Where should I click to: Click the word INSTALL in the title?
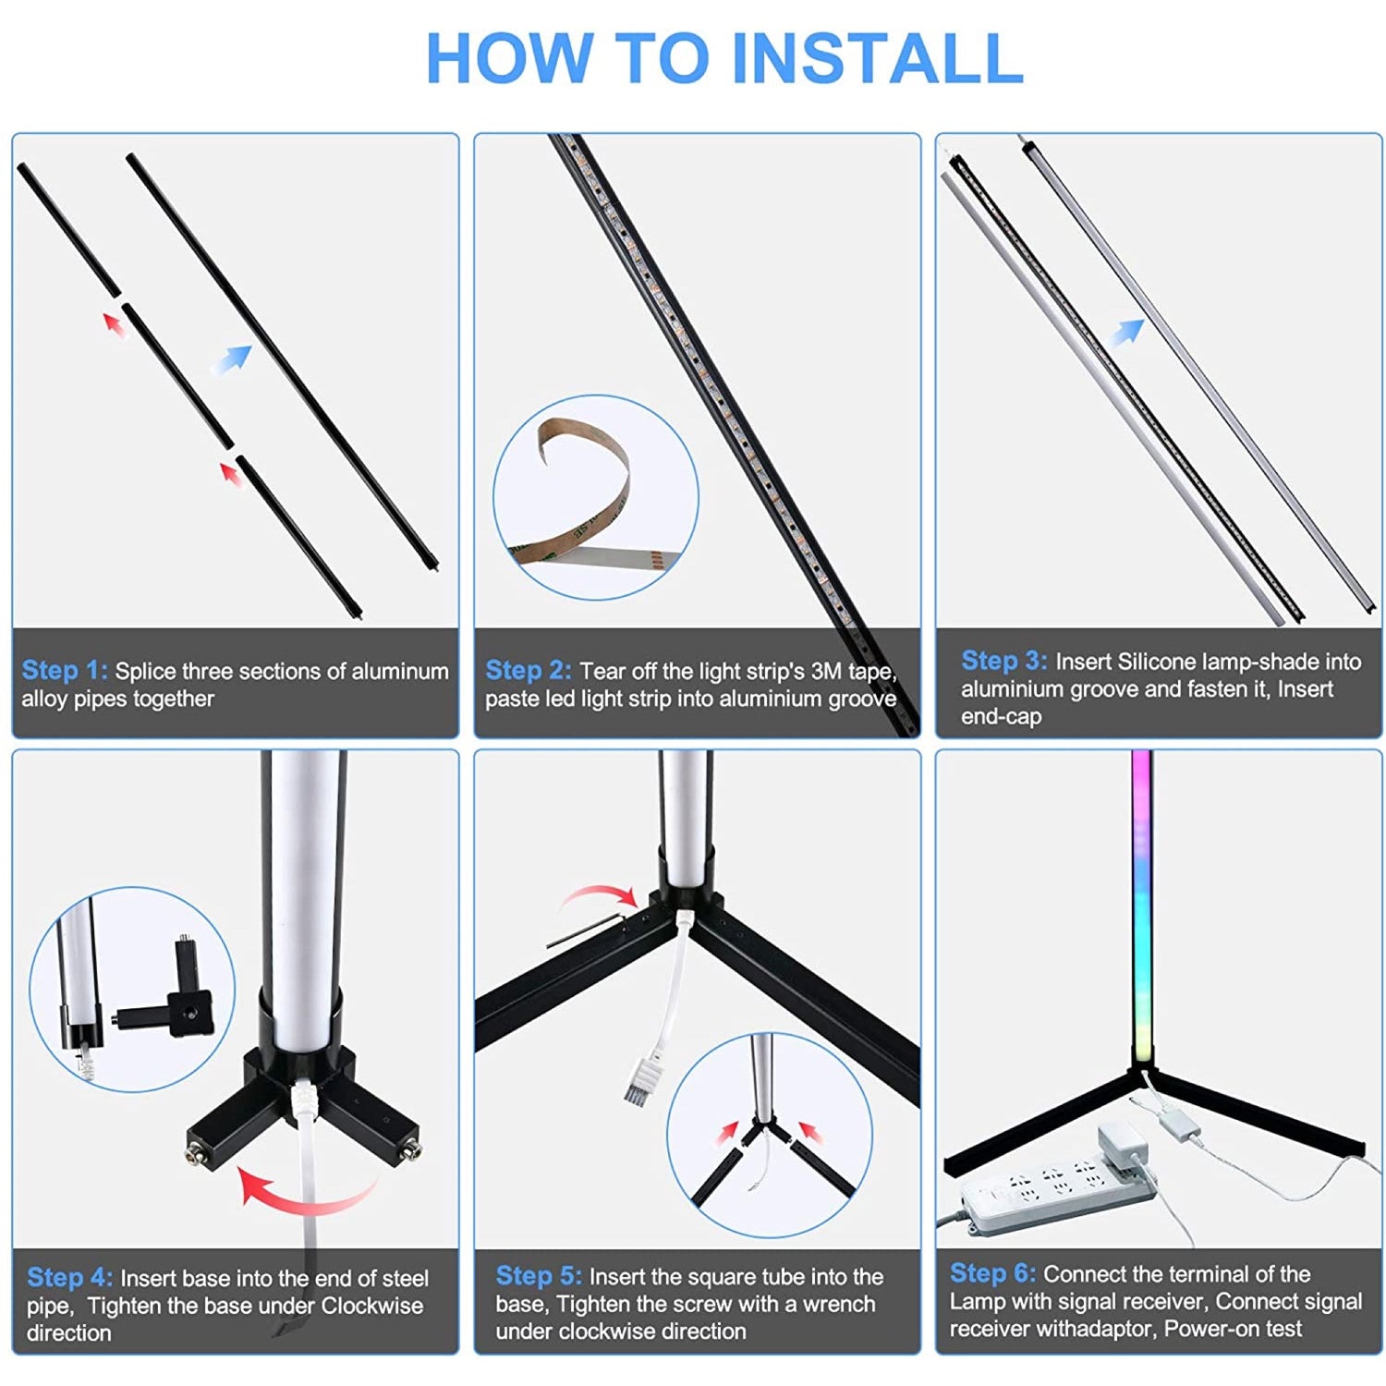[878, 58]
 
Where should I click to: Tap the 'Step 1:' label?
[65, 670]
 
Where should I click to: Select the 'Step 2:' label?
[529, 670]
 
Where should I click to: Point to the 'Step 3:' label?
[1003, 661]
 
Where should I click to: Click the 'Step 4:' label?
[69, 1277]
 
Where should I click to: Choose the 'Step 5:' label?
[539, 1275]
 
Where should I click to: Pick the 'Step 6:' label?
[992, 1272]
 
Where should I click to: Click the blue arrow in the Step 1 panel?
[230, 359]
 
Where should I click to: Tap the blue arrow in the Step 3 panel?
[1126, 332]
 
